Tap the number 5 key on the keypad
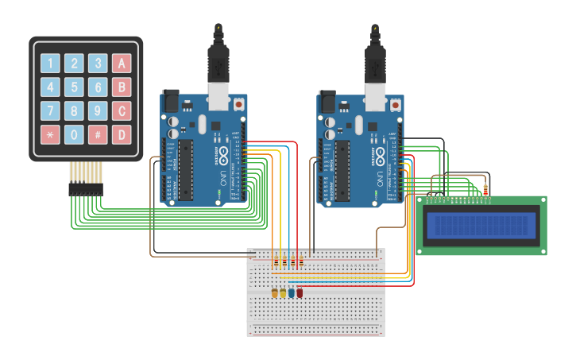point(74,87)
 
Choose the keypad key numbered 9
point(98,110)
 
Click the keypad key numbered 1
point(50,64)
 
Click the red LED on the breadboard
point(300,292)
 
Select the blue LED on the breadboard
point(292,292)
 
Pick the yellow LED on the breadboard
point(283,292)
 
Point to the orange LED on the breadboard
point(275,292)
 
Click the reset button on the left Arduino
point(239,103)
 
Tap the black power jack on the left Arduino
point(171,103)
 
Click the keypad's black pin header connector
point(85,189)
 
